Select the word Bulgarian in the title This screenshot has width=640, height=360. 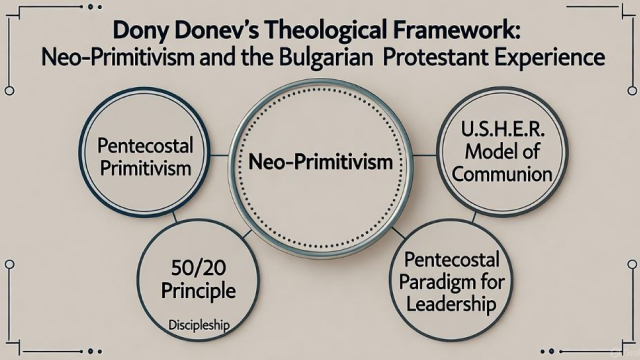pyautogui.click(x=390, y=58)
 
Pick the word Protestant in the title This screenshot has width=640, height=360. pyautogui.click(x=482, y=58)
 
